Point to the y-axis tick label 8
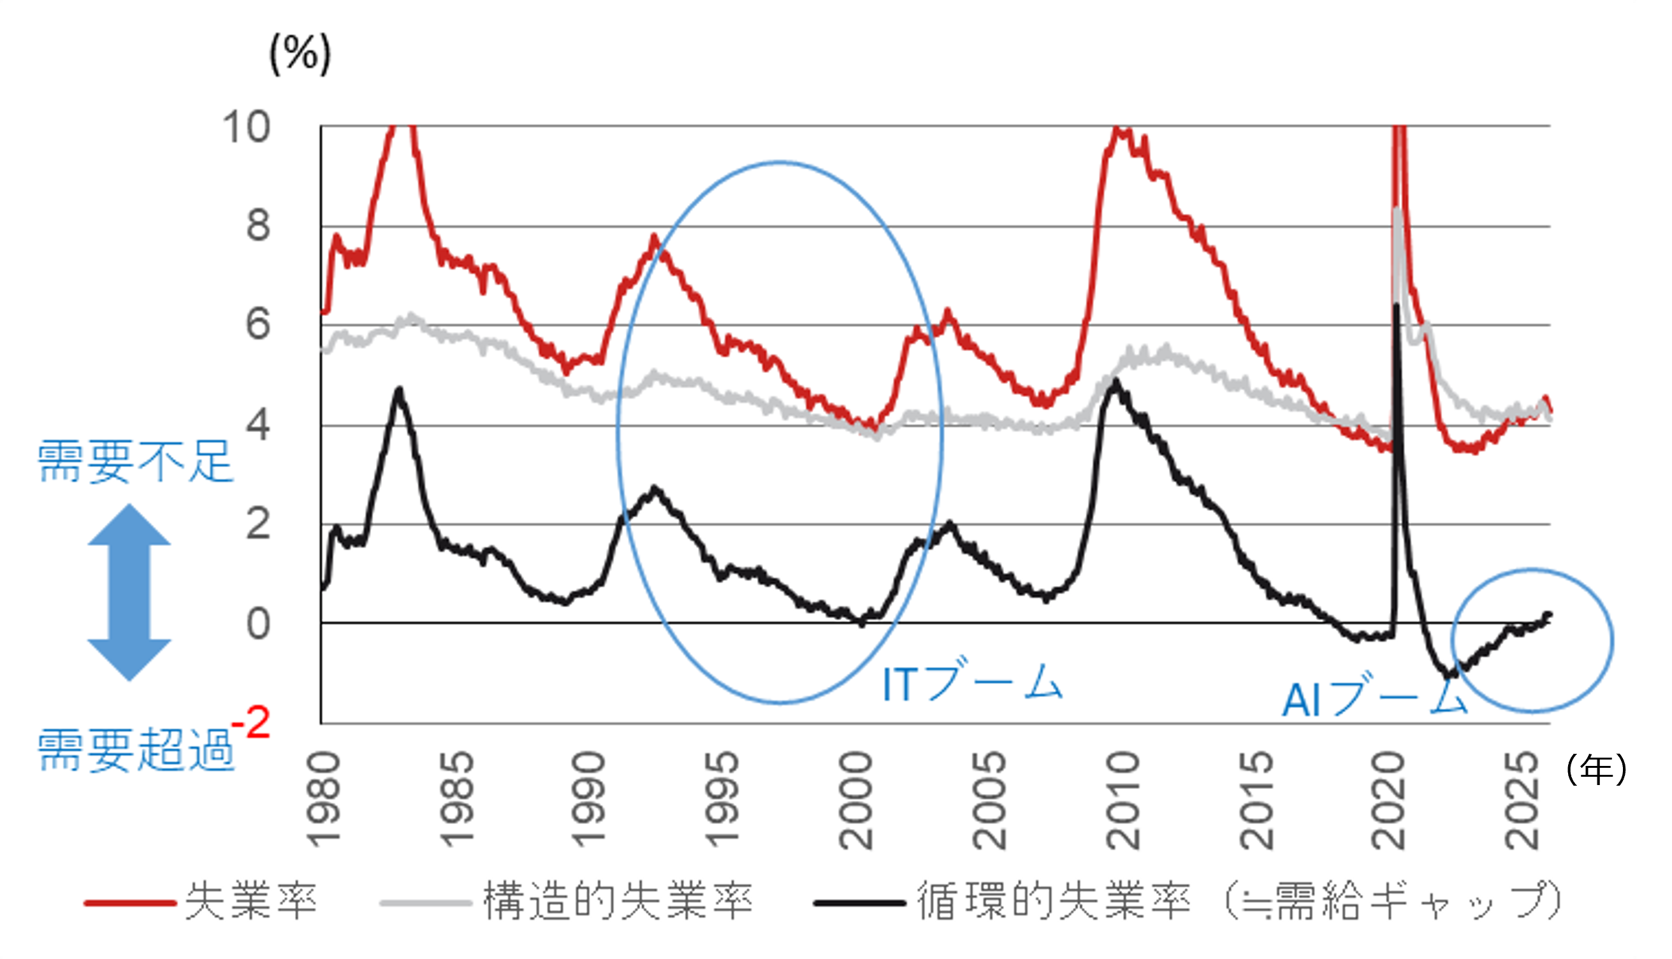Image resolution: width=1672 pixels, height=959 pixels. click(258, 226)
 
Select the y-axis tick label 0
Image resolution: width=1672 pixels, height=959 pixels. click(258, 624)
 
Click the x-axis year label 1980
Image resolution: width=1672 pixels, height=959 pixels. click(324, 800)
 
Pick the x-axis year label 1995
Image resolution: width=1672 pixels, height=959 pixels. click(722, 800)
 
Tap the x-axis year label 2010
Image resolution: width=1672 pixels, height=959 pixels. click(1123, 800)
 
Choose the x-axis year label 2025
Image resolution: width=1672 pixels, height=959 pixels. click(1522, 800)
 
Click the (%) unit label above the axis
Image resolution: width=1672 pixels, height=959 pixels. click(300, 54)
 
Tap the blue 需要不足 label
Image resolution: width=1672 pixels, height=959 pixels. click(135, 462)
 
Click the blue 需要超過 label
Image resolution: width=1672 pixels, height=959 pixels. click(135, 750)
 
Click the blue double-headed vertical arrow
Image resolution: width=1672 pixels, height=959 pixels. click(129, 592)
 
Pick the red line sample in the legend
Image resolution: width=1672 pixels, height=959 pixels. click(130, 903)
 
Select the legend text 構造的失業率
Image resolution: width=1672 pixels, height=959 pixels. click(617, 901)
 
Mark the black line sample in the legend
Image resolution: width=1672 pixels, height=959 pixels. click(860, 903)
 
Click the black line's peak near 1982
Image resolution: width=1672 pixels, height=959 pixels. click(399, 390)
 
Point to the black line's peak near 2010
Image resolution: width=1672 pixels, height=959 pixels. click(1115, 380)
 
